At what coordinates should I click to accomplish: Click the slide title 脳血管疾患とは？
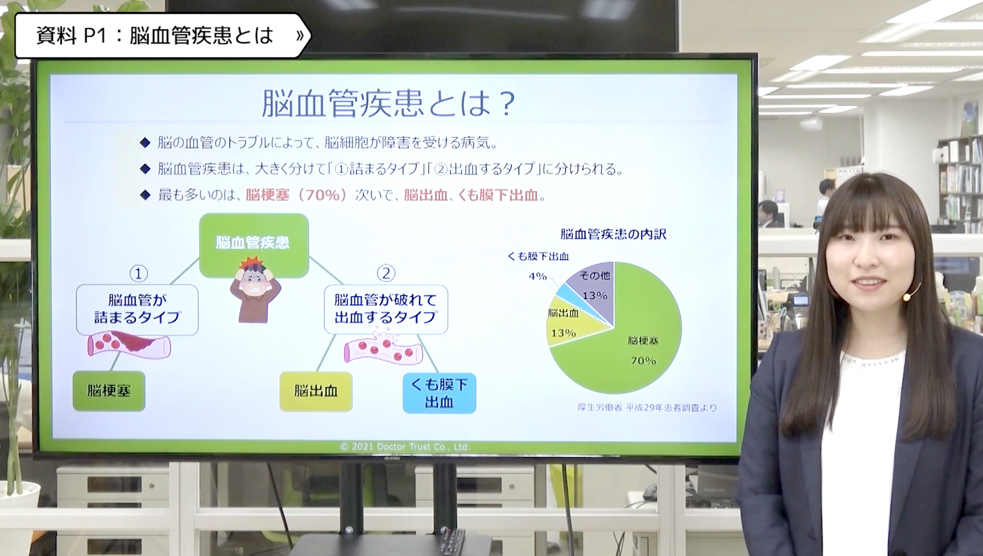(388, 104)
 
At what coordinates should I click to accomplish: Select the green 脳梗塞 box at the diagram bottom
(109, 391)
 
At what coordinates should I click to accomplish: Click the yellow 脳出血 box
(316, 391)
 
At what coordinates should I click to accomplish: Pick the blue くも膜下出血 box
(439, 393)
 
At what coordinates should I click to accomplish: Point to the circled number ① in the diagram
(139, 273)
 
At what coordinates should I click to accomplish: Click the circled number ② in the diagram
(386, 273)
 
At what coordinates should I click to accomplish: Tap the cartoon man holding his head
(255, 290)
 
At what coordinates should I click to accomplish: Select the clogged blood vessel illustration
(129, 346)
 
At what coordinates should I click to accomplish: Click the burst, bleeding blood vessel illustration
(383, 347)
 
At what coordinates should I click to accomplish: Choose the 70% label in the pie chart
(643, 361)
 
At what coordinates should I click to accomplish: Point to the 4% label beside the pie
(538, 276)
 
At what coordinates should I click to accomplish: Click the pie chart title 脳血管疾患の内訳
(613, 234)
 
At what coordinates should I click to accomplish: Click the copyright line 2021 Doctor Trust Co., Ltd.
(405, 447)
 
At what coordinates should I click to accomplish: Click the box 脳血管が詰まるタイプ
(137, 309)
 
